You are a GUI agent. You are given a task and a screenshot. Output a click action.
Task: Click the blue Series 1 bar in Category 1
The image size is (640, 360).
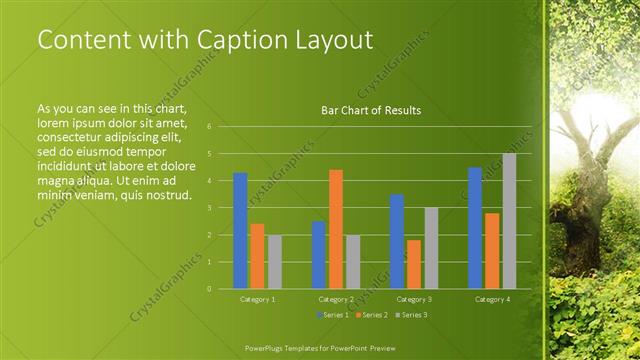click(240, 231)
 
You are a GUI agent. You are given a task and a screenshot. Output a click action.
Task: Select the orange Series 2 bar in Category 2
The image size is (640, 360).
click(336, 229)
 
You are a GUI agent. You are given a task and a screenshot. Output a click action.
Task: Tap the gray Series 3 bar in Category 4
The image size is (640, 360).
click(509, 221)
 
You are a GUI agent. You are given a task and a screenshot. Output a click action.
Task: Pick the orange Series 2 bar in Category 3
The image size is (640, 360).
click(414, 264)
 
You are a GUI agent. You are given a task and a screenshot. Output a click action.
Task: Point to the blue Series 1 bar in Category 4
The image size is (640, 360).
click(475, 228)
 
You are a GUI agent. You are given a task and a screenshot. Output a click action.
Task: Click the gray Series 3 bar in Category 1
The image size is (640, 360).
click(274, 262)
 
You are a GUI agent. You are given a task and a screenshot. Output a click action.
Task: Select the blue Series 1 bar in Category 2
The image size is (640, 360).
click(318, 255)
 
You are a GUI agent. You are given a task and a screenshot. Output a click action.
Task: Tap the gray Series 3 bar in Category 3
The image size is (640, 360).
click(431, 248)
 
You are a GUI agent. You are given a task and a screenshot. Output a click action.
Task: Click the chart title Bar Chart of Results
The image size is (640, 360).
click(370, 110)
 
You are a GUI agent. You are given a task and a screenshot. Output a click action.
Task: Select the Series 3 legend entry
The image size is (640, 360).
click(412, 315)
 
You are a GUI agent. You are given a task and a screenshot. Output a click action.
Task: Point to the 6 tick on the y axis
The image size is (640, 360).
click(209, 127)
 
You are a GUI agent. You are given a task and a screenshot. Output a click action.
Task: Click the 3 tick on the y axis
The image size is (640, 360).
click(209, 208)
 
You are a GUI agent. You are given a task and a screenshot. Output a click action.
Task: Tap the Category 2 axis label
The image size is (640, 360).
click(336, 299)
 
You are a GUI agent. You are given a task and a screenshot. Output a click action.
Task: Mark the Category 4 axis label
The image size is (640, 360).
click(492, 299)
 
